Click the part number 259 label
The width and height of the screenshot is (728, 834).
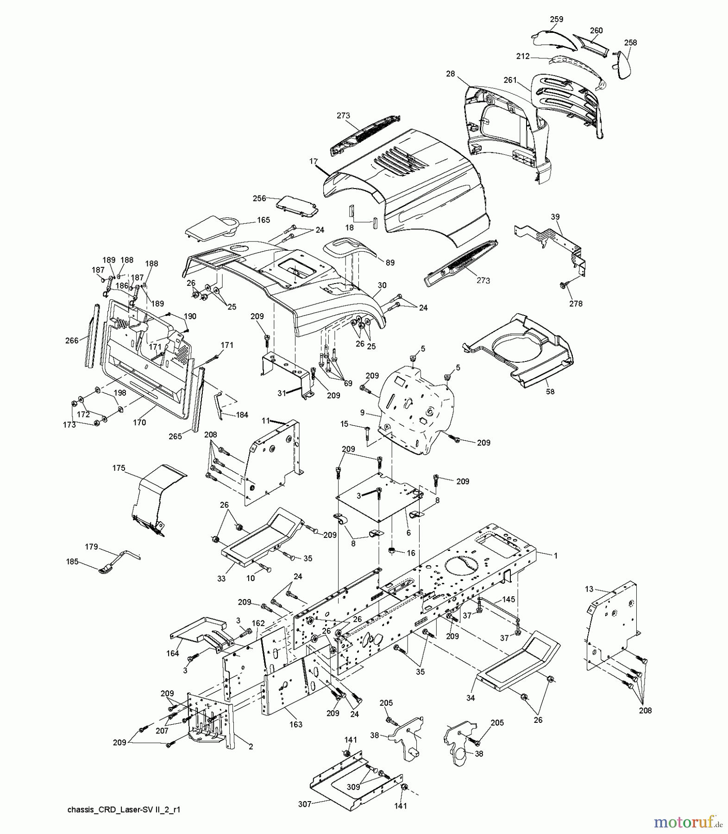(556, 19)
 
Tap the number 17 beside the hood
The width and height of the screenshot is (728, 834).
(314, 161)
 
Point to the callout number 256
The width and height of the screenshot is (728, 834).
(259, 198)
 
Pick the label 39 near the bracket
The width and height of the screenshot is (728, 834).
(555, 217)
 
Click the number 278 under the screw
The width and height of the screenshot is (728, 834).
(576, 303)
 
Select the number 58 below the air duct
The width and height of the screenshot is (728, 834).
(550, 392)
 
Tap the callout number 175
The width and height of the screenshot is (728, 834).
(119, 468)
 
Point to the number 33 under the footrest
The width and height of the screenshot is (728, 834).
(221, 579)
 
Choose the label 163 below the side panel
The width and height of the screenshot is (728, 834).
(295, 724)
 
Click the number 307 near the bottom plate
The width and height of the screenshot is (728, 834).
(305, 804)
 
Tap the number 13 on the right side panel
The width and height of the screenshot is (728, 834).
(589, 589)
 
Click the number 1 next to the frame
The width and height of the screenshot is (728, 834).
(556, 556)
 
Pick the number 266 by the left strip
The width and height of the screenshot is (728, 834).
(72, 341)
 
